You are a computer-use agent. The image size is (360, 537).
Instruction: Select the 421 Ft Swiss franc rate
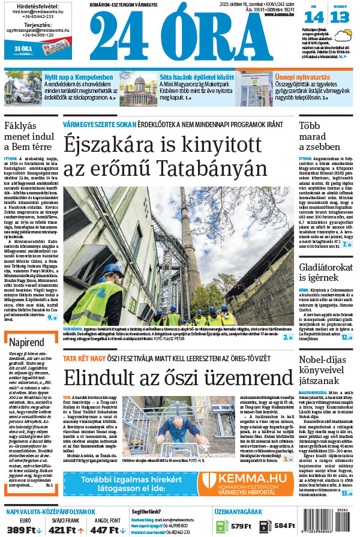pos(62,530)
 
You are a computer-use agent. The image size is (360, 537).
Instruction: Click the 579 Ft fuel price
pos(241,526)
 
